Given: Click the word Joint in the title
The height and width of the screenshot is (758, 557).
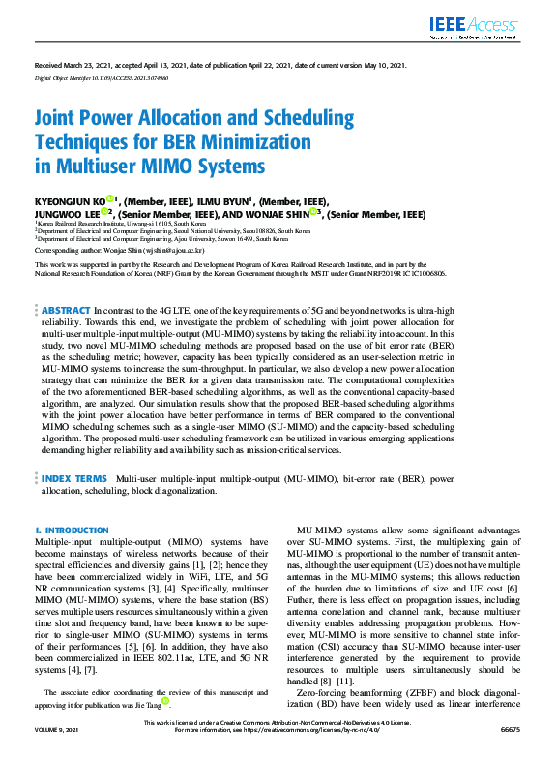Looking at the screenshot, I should coord(60,119).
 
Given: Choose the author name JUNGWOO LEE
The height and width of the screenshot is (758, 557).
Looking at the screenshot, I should coord(66,214).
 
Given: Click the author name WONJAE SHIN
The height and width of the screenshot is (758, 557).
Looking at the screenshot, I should coord(287,214).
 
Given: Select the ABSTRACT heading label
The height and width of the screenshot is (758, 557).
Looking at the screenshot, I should coord(66,308).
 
